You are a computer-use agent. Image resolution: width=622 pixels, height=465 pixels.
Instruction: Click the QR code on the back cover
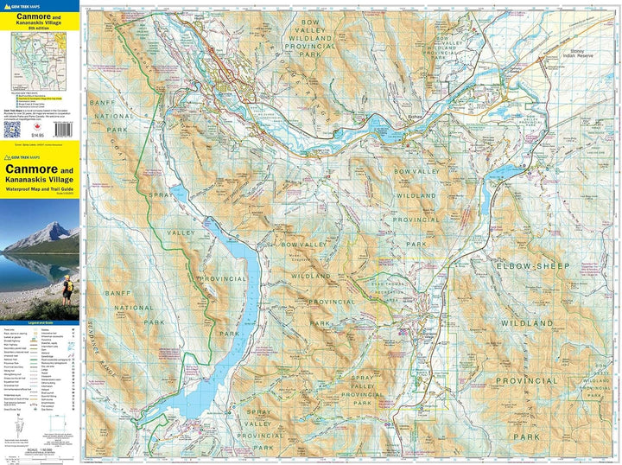(11, 129)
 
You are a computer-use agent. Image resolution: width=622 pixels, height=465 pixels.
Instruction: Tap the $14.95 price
(35, 137)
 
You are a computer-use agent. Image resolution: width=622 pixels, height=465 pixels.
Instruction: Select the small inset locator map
(41, 61)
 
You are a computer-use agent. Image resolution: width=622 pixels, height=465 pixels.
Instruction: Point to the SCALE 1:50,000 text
(41, 449)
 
